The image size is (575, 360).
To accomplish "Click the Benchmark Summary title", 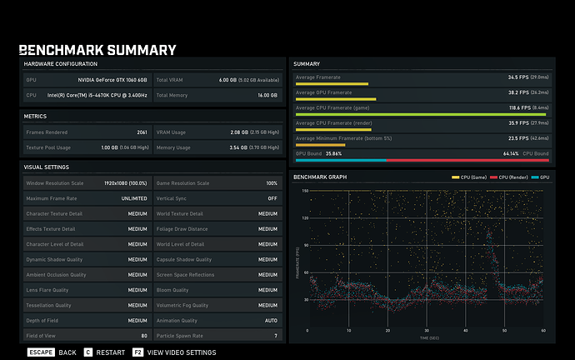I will point(97,50).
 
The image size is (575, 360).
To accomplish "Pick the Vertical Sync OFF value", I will point(272,198).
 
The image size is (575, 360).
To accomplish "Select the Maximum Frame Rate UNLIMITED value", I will point(133,198).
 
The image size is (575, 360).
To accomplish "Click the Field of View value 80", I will point(143,336).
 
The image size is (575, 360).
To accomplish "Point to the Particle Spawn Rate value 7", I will point(275,336).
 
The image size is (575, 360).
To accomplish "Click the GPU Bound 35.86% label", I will point(319,154).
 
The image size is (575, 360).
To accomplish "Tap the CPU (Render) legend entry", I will point(509,177).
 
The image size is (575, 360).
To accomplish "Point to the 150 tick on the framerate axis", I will point(305,191).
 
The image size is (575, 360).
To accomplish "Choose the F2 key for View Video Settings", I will point(137,352).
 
